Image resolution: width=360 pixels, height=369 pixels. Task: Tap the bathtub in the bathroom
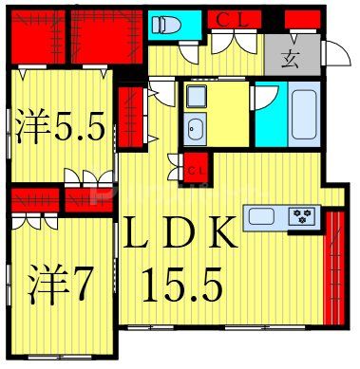click(304, 112)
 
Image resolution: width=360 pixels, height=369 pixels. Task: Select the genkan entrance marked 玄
click(287, 54)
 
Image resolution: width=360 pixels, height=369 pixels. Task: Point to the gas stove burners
click(303, 216)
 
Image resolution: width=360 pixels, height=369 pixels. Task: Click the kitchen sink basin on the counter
click(262, 216)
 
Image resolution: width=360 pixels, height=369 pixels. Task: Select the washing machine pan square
click(196, 97)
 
